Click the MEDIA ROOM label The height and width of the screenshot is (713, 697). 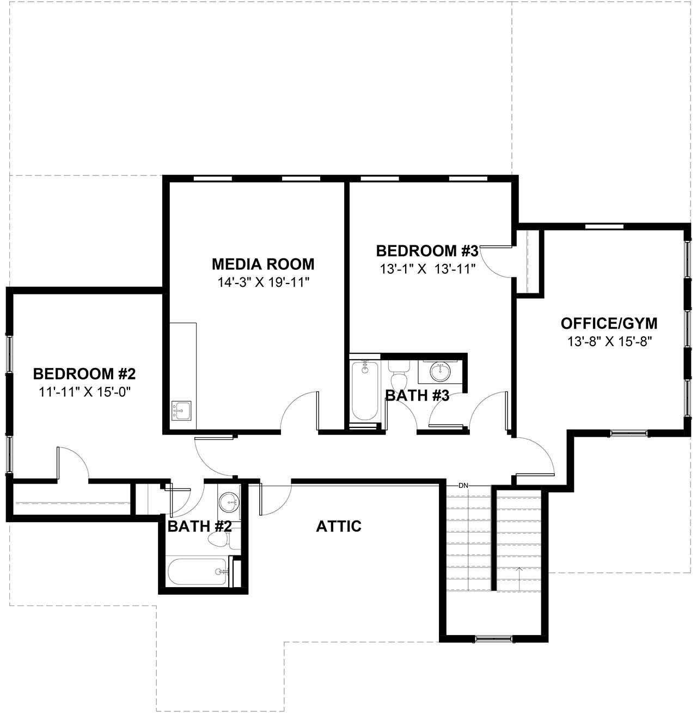[x=263, y=264]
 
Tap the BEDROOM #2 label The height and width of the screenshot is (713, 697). [x=84, y=374]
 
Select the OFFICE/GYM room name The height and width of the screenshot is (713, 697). [x=609, y=323]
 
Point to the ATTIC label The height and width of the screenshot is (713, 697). [x=339, y=526]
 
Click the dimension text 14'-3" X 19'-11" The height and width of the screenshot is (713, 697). [x=263, y=282]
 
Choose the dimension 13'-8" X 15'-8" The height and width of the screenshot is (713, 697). [x=609, y=341]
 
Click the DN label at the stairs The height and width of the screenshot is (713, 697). [x=463, y=485]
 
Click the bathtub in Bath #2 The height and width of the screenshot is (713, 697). [x=197, y=571]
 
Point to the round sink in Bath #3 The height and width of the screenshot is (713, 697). [x=440, y=372]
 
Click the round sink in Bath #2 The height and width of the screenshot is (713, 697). [x=228, y=501]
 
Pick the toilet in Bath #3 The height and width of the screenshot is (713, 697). [x=399, y=376]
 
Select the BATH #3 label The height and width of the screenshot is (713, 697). [x=417, y=396]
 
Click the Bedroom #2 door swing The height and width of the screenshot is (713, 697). [x=74, y=463]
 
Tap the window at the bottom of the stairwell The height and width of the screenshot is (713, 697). [x=494, y=637]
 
